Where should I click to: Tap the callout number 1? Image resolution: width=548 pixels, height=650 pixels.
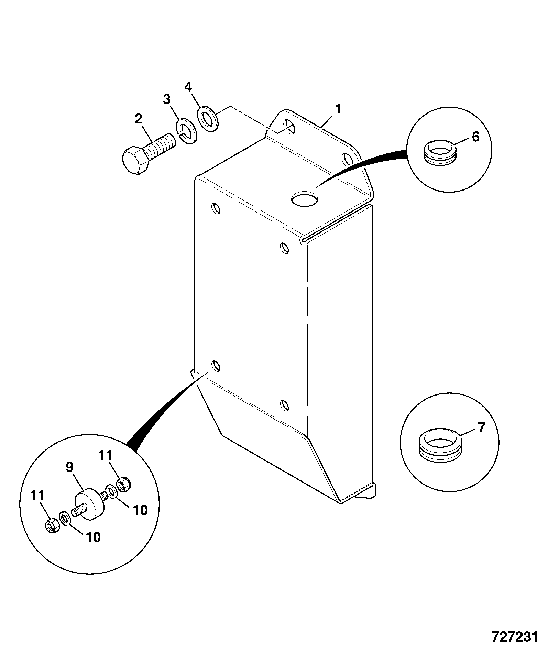click(x=338, y=109)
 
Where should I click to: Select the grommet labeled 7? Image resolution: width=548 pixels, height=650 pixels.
click(x=440, y=450)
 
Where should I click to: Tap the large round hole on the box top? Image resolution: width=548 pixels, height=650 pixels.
click(x=304, y=198)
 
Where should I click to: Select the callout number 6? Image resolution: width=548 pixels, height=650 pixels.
click(x=475, y=137)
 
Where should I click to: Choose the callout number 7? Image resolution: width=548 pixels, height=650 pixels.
click(x=481, y=427)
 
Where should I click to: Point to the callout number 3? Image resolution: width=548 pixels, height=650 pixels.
click(x=166, y=100)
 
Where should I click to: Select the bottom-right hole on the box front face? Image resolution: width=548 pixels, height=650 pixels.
click(x=284, y=405)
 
